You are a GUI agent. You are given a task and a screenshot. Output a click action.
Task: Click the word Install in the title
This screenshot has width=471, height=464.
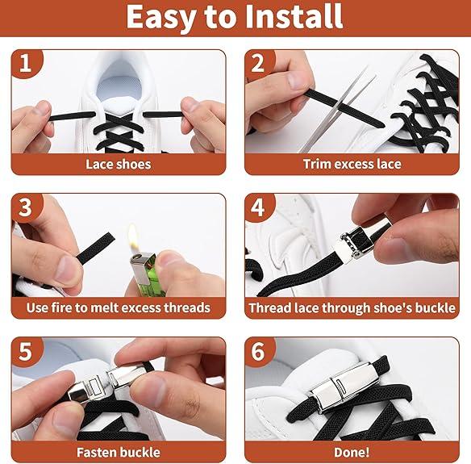[294, 16]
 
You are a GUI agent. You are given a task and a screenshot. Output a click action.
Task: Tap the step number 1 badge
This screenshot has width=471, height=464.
[26, 63]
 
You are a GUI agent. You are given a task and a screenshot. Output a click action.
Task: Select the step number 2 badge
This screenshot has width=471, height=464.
[258, 63]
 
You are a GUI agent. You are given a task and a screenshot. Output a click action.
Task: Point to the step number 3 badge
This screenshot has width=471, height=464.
[26, 207]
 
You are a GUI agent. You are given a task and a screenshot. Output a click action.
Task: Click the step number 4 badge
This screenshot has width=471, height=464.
[258, 207]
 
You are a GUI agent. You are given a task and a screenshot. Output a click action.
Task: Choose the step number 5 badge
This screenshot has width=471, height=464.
[26, 351]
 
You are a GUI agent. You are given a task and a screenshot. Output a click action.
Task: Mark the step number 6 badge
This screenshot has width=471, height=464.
[258, 351]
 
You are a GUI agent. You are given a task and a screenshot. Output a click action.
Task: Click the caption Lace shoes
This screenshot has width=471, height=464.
[119, 164]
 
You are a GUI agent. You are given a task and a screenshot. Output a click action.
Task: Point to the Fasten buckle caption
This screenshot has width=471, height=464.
[119, 452]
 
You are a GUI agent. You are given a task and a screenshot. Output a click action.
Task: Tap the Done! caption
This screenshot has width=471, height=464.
[352, 452]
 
